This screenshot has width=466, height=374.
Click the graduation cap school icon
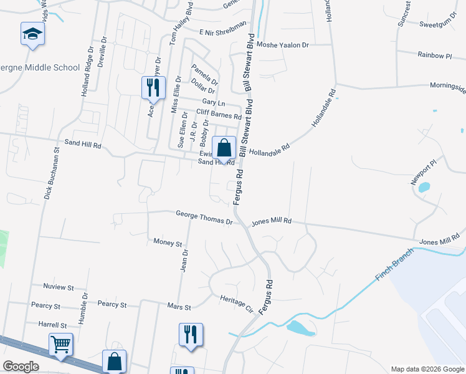click(32, 34)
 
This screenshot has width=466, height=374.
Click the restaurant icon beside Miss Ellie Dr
click(153, 87)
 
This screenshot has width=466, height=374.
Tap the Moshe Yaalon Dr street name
click(283, 46)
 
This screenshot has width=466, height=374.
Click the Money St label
click(167, 242)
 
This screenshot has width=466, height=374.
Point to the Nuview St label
click(59, 287)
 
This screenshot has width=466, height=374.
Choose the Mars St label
click(178, 306)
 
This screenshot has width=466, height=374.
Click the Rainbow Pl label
click(434, 55)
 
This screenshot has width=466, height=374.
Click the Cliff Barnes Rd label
click(219, 115)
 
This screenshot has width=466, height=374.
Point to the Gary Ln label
click(213, 102)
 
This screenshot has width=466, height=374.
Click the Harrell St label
click(52, 325)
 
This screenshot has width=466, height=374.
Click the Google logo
click(21, 367)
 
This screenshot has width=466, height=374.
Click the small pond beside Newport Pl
click(424, 187)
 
